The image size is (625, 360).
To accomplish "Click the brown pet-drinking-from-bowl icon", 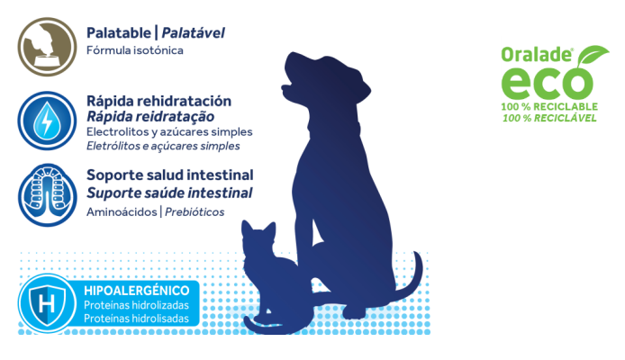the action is coord(47,47).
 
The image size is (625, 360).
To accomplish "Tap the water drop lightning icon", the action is coord(47,121).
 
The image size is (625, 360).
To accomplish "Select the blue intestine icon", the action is coord(47,195).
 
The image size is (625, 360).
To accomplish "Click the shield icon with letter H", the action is coord(47,303).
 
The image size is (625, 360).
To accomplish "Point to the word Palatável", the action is coord(193,33).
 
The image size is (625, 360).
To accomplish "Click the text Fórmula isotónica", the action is coord(135,50).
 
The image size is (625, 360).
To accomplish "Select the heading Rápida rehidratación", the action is coord(159,101).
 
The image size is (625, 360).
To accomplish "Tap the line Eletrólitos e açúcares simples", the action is coord(163,146).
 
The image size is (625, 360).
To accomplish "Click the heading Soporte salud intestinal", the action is coord(170,175).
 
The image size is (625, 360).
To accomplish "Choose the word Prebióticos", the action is coord(195,211).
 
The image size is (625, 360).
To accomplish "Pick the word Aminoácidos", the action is coord(122,211).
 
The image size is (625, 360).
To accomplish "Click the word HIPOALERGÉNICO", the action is coord(136,291).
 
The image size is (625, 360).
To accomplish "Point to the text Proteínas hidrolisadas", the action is coord(136,319).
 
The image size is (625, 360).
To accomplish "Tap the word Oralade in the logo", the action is coord(537,55).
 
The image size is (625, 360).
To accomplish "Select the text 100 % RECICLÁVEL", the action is coord(549,118).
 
